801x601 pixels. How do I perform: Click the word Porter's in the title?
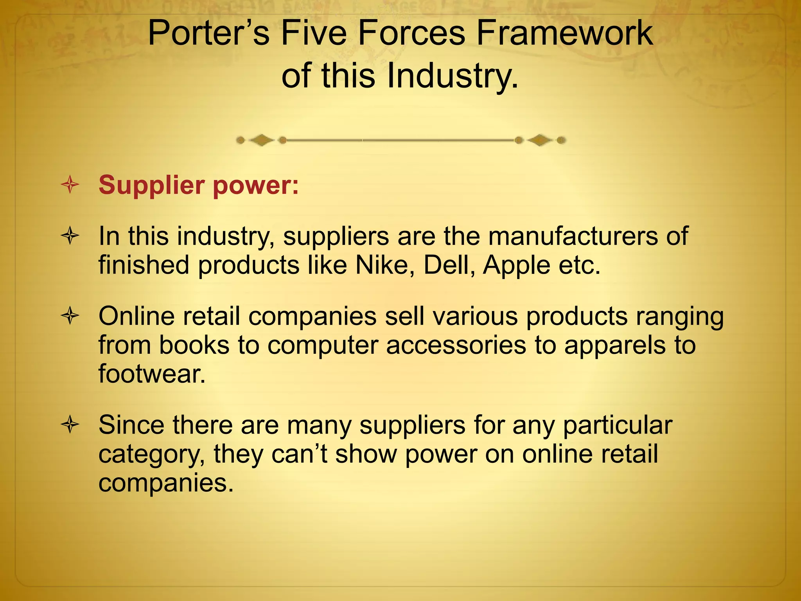[209, 34]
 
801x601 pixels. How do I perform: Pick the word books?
[194, 345]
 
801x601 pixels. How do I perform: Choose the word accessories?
[456, 345]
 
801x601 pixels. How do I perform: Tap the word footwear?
[152, 374]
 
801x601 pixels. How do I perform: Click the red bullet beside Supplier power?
[70, 185]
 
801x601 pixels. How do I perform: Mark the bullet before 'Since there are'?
[70, 425]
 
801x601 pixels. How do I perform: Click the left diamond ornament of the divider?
[261, 140]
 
